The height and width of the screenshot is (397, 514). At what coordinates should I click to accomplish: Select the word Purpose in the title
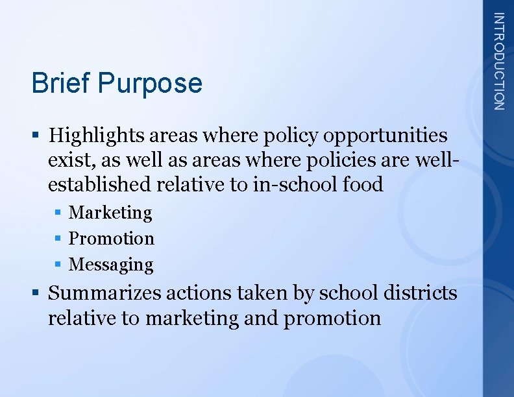pyautogui.click(x=150, y=84)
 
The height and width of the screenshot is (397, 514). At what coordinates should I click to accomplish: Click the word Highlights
pyautogui.click(x=97, y=136)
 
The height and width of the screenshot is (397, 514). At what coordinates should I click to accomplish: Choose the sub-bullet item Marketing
pyautogui.click(x=110, y=213)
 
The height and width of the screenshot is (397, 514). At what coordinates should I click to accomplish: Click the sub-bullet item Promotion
pyautogui.click(x=112, y=239)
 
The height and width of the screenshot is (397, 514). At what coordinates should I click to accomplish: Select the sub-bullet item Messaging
pyautogui.click(x=111, y=265)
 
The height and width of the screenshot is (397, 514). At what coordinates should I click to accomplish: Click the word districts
pyautogui.click(x=420, y=293)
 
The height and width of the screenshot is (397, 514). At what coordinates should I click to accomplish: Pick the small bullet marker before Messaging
pyautogui.click(x=58, y=265)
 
